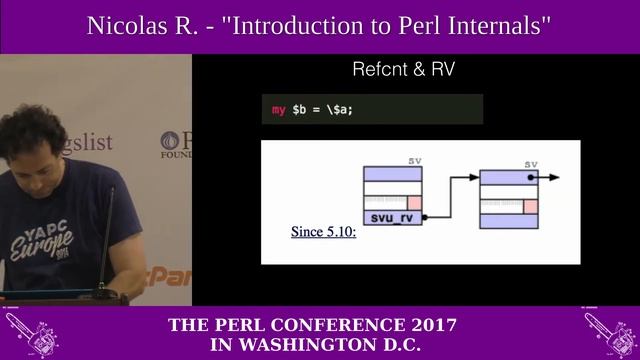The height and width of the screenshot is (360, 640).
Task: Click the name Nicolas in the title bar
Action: tap(124, 26)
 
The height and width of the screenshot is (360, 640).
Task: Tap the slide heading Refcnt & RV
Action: tap(404, 70)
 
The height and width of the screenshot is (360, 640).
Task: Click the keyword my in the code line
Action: tap(279, 109)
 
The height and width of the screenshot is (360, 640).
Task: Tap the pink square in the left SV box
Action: tap(415, 203)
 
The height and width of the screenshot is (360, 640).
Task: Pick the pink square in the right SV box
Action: tap(531, 207)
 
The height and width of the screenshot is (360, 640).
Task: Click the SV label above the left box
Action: tap(415, 161)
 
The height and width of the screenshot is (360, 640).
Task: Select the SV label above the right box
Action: tap(531, 165)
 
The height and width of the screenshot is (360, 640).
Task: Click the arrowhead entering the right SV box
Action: tap(474, 178)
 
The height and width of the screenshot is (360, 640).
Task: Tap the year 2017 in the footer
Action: tap(432, 325)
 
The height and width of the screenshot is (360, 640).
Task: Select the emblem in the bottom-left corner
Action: tap(30, 334)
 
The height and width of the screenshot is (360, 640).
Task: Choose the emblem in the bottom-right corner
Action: tap(609, 334)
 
